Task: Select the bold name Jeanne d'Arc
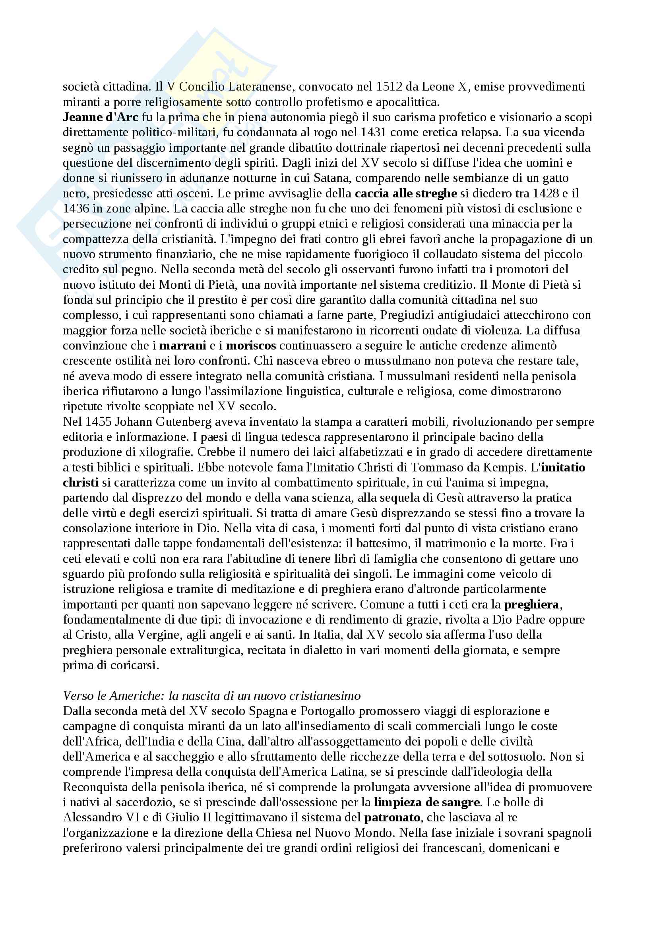pyautogui.click(x=101, y=117)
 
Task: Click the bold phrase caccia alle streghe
pyautogui.click(x=406, y=194)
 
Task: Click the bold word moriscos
pyautogui.click(x=251, y=346)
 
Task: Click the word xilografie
pyautogui.click(x=151, y=452)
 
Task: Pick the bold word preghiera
pyautogui.click(x=531, y=605)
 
